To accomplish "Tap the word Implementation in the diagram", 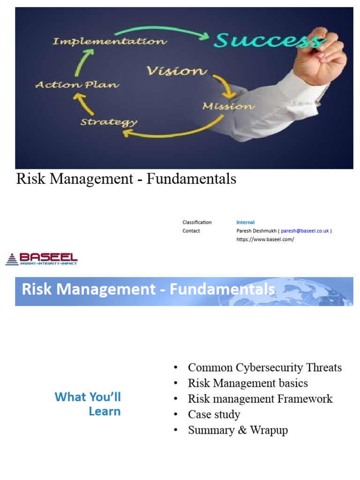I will [109, 42].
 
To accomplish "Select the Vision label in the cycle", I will [177, 71].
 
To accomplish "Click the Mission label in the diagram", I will [228, 106].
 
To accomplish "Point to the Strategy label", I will [109, 122].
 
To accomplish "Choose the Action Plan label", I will [77, 85].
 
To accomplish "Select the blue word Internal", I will [246, 222].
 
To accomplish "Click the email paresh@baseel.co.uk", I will [305, 231].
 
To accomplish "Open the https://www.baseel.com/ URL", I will [265, 239].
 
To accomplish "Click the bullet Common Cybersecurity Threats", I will [264, 367].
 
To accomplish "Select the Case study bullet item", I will [214, 414].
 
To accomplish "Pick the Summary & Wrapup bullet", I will [238, 430].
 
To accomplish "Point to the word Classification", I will [197, 222].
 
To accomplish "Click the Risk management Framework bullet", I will [260, 399].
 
